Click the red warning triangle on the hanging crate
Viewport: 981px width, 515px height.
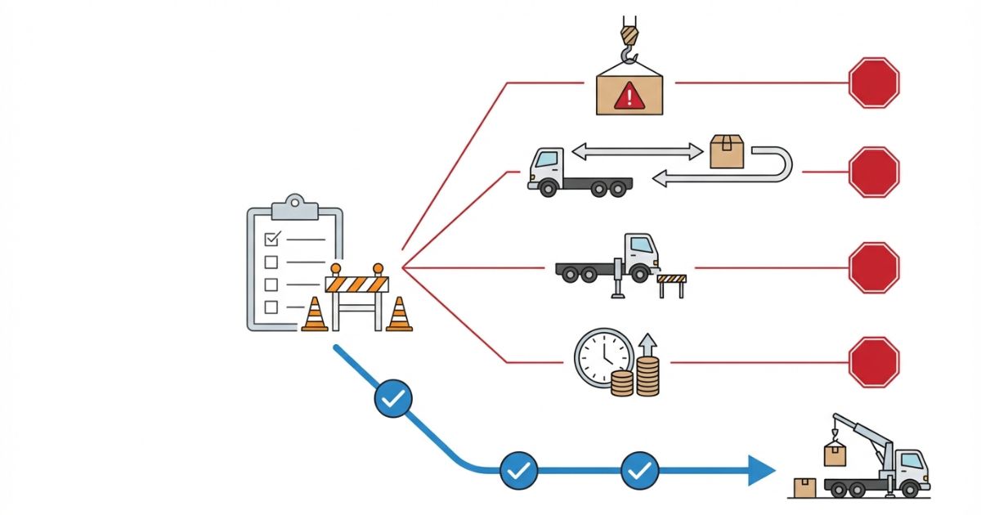click(x=629, y=97)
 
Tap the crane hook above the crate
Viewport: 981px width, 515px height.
click(x=628, y=41)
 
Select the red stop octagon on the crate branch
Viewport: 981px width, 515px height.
click(x=874, y=83)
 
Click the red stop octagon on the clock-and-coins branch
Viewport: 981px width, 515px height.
click(x=874, y=362)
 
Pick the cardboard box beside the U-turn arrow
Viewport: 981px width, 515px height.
click(x=727, y=151)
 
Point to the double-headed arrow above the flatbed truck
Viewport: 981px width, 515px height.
click(x=638, y=150)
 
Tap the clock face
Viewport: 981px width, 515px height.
click(x=603, y=357)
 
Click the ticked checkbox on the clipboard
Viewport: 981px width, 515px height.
click(x=273, y=238)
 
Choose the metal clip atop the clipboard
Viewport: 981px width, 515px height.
click(x=294, y=206)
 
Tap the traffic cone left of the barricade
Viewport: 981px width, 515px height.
click(x=315, y=315)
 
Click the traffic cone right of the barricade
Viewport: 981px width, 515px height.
click(x=399, y=315)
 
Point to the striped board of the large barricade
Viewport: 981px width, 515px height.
click(x=356, y=284)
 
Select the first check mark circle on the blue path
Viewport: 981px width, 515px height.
click(x=393, y=399)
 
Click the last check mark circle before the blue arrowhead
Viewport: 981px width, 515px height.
click(x=640, y=470)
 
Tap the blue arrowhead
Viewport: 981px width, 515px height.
click(x=761, y=470)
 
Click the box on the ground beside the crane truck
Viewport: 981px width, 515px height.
click(x=805, y=487)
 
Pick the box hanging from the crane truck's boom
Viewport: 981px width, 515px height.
click(x=834, y=454)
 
